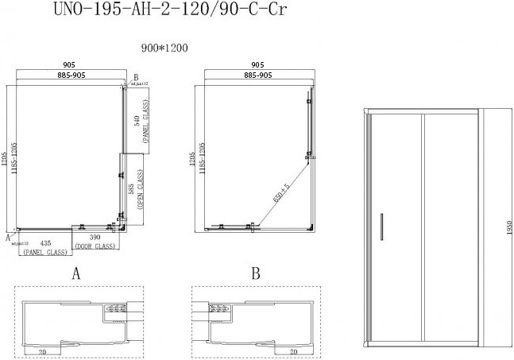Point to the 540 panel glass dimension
[x=137, y=121]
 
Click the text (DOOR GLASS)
[x=95, y=247]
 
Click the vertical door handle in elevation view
[x=382, y=225]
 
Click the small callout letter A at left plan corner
[x=8, y=237]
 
